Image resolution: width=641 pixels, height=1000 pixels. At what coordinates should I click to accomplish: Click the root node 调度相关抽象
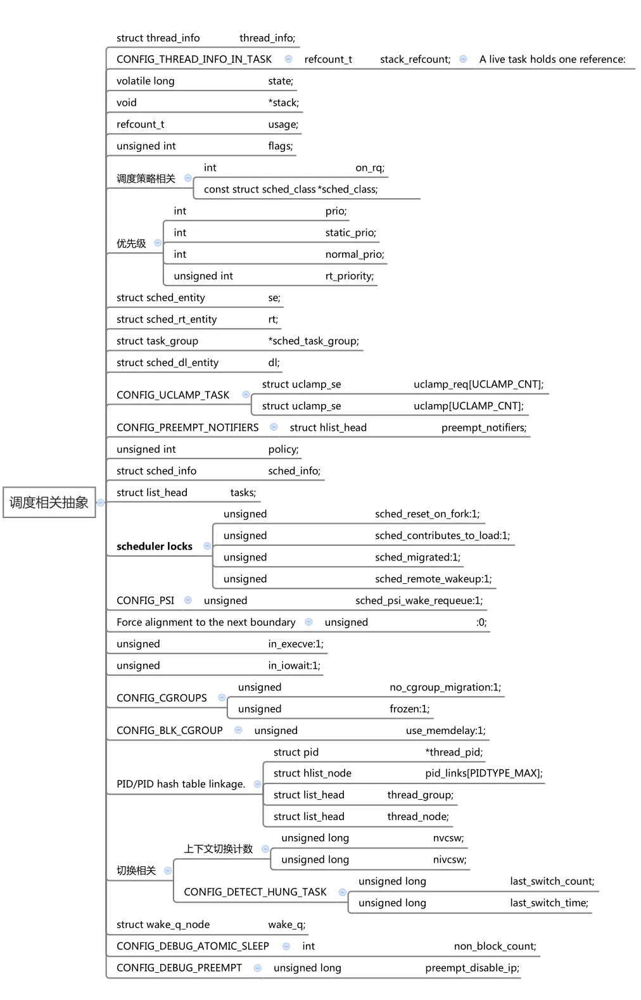coord(49,502)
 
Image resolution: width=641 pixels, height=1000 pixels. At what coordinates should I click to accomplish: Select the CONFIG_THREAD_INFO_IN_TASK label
coord(194,59)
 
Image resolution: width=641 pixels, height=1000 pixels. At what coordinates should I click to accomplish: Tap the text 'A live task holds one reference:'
coord(552,59)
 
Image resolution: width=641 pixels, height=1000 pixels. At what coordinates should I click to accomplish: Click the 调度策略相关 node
coord(146,179)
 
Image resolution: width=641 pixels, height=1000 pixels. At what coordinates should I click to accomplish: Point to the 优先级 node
coord(131,243)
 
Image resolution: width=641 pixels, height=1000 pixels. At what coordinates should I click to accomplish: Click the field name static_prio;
coord(350,232)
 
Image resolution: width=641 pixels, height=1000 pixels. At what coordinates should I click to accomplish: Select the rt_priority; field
coord(349,275)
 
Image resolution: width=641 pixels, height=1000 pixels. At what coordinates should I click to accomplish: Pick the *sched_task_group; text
coord(313,341)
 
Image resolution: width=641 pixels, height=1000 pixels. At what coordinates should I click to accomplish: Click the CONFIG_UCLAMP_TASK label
coord(173,395)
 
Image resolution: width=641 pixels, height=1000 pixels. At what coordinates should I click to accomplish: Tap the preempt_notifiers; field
coord(483,427)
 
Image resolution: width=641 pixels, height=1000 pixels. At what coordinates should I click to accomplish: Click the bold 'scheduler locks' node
coord(155,546)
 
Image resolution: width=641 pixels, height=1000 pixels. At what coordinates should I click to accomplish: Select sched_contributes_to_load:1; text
coord(442,535)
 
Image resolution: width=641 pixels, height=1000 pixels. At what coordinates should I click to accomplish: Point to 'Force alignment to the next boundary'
coord(206,622)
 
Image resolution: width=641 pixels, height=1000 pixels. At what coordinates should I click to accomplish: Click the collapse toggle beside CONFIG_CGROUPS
coord(222,697)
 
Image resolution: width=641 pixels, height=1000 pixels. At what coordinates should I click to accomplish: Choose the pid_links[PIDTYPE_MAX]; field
coord(483,773)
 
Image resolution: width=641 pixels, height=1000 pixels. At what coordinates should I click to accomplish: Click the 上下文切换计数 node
coord(218,849)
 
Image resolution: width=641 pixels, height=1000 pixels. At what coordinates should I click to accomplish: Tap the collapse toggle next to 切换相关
coord(168,870)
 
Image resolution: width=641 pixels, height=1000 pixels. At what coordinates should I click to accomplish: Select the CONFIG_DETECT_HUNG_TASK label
coord(255,892)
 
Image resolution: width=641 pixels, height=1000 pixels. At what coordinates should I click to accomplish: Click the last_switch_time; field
coord(549,902)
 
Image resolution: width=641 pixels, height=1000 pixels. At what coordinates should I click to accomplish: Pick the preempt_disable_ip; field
coord(472,967)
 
